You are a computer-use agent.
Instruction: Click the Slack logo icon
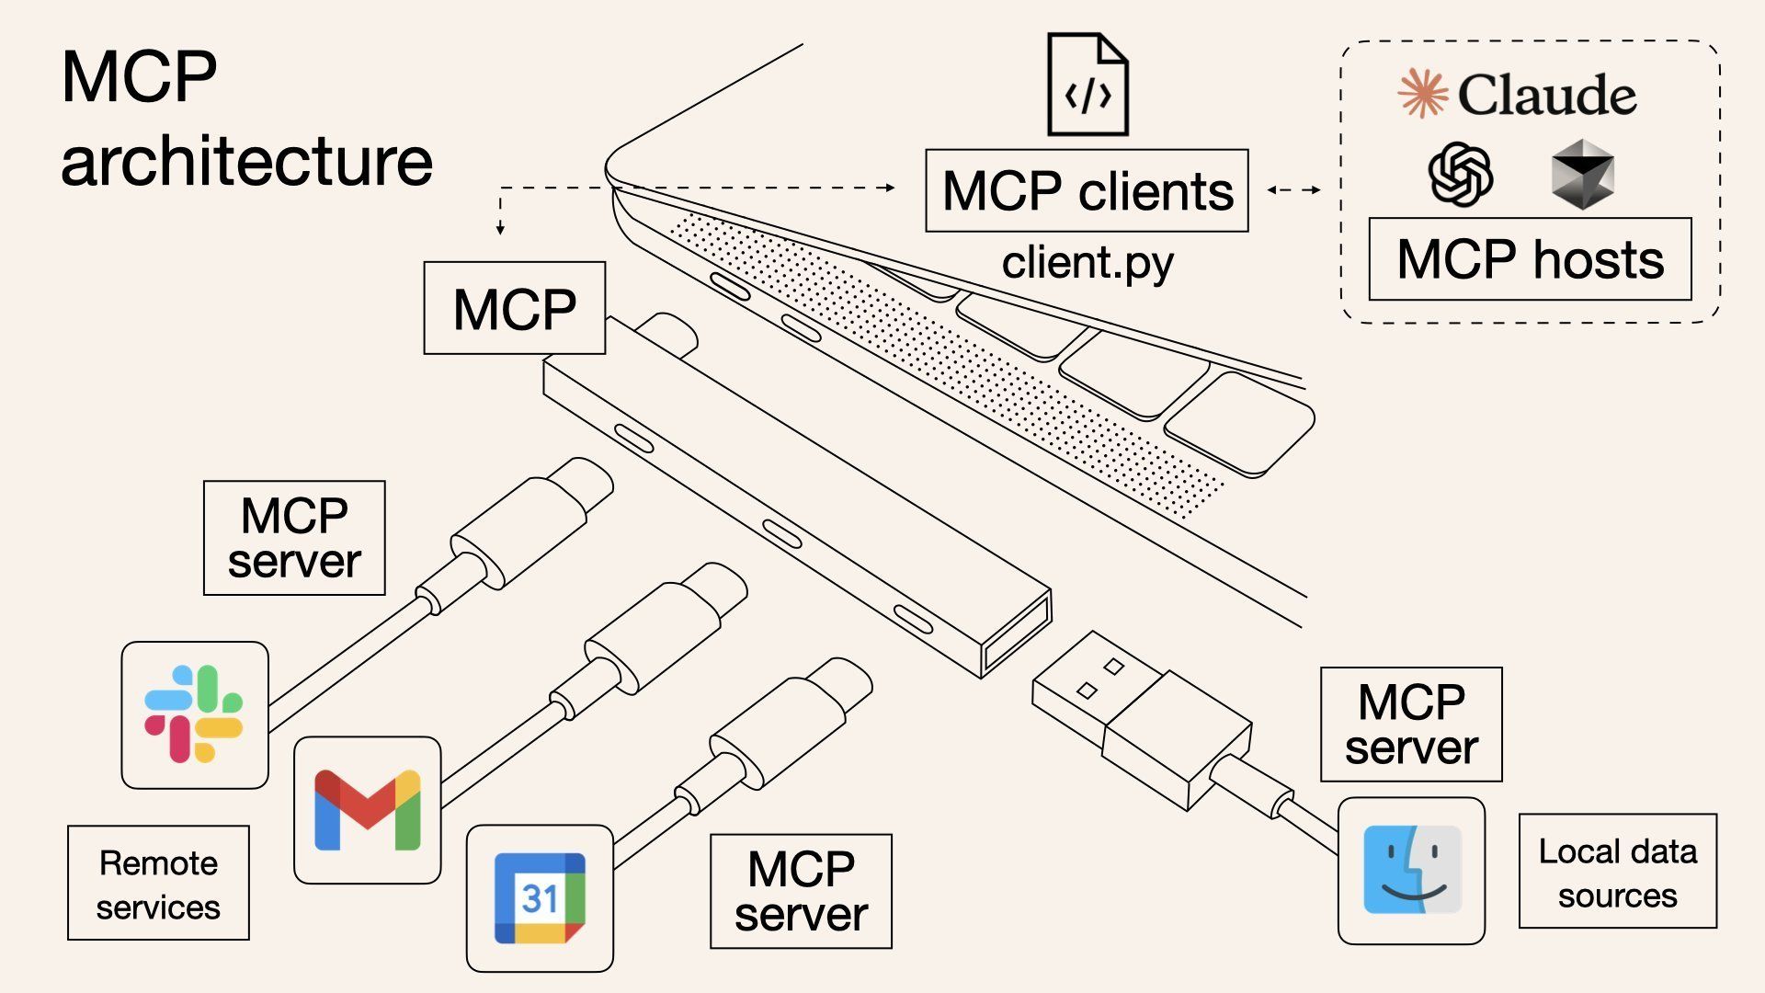194,714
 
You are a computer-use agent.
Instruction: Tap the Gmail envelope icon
367,810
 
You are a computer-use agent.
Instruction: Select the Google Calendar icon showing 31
540,898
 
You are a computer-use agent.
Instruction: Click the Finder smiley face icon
1411,870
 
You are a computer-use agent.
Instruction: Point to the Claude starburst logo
1422,94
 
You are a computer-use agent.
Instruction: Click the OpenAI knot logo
1460,175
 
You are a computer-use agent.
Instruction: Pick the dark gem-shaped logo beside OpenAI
1581,175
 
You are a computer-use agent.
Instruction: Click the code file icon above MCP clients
1087,85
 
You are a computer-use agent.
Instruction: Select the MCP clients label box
1087,191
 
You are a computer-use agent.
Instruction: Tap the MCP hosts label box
1530,259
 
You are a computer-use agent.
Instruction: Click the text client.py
1087,263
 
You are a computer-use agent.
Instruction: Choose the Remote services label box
158,884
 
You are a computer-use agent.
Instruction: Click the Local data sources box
1617,872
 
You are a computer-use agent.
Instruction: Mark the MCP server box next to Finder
1411,725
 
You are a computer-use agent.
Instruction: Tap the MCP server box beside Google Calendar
801,891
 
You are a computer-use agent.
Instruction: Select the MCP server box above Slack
294,538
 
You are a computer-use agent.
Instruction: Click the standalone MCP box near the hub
514,308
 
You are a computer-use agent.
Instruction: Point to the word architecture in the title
246,162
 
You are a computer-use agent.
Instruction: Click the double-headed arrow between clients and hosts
1293,190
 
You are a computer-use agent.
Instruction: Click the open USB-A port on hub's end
1016,634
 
